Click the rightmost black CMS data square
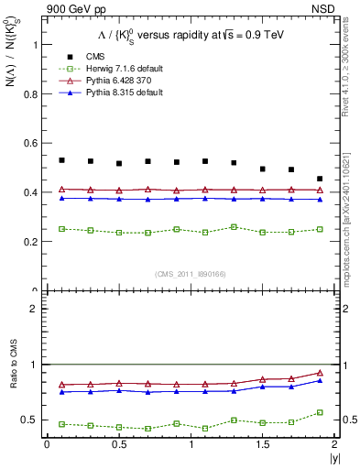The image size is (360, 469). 320,179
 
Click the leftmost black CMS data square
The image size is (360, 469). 61,160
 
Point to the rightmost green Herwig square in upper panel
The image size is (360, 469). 320,229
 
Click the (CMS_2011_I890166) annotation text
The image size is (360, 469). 190,274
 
